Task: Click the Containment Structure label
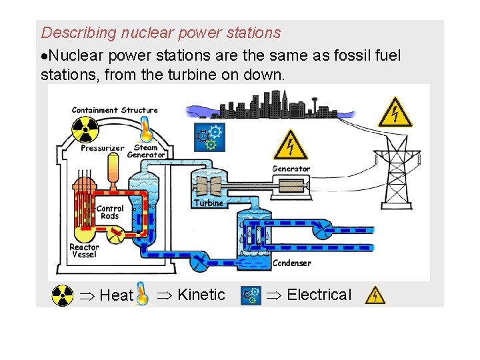click(x=115, y=110)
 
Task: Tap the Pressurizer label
click(x=102, y=149)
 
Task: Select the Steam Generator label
click(x=145, y=151)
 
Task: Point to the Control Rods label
click(x=110, y=212)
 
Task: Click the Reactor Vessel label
click(x=85, y=251)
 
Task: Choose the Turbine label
click(x=209, y=203)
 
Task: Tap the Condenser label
click(x=292, y=263)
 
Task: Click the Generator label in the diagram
click(x=291, y=169)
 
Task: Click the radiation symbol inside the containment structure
click(x=85, y=130)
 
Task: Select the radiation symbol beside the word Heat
click(x=63, y=295)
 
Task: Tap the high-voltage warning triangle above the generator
click(x=290, y=144)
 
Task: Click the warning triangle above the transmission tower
click(x=395, y=112)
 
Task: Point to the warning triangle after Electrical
click(x=375, y=295)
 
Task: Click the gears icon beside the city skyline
click(x=209, y=135)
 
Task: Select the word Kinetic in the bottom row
click(x=201, y=295)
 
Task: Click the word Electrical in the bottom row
click(x=319, y=295)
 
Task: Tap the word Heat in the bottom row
click(x=116, y=295)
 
